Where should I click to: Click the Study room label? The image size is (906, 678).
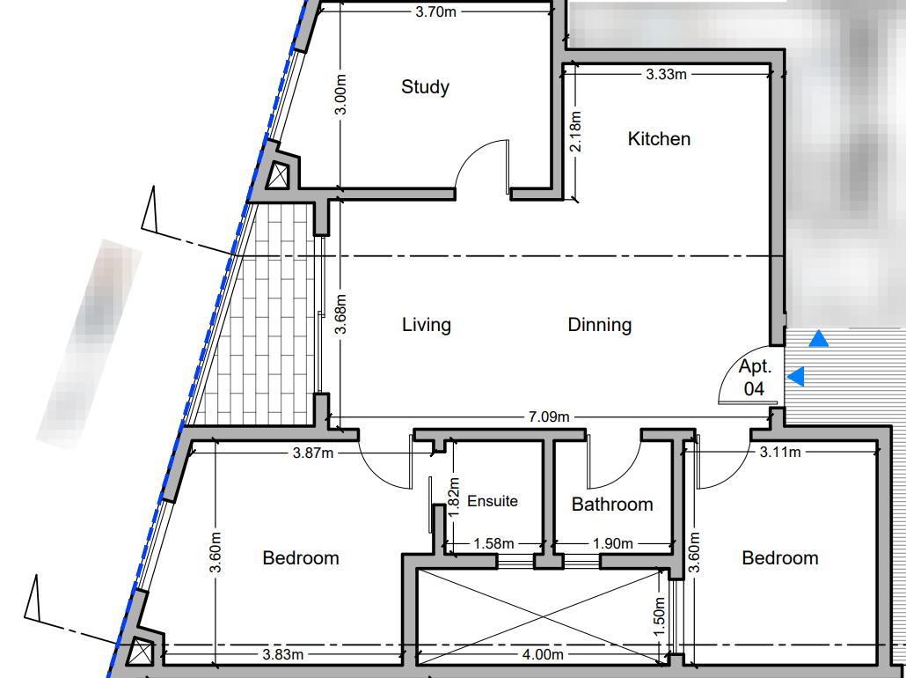pos(425,87)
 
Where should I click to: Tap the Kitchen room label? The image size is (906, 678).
pos(659,139)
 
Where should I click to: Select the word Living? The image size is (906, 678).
pos(427,325)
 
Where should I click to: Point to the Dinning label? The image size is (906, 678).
pos(600,325)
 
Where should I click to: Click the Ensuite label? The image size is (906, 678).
pos(492,501)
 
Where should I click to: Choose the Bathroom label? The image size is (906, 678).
pos(612,505)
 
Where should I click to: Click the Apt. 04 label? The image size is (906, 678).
pos(754,378)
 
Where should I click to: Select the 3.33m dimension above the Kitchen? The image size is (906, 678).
pos(666,75)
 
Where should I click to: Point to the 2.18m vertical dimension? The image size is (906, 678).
pos(576,131)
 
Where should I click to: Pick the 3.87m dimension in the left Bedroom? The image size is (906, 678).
pos(312,453)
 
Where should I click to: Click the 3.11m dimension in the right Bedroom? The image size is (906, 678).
pos(779,453)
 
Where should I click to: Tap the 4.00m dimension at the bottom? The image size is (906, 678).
pos(542,654)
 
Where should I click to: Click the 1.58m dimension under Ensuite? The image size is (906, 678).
pos(493,544)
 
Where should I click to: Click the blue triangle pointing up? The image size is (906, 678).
pos(819,338)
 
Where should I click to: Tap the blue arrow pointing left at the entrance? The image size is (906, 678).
pos(796,377)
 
